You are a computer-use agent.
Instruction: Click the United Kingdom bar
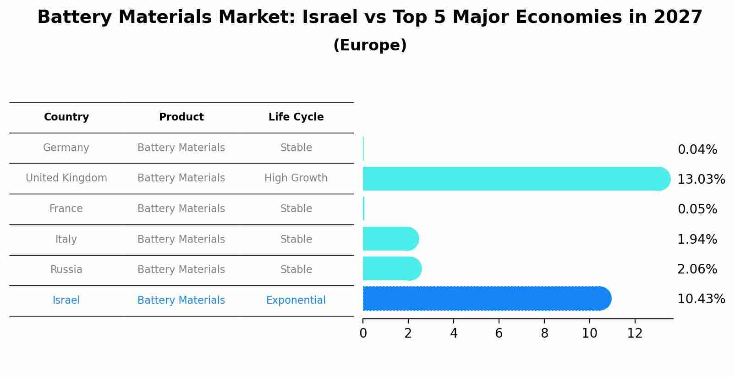(x=513, y=179)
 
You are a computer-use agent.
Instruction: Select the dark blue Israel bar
(x=486, y=299)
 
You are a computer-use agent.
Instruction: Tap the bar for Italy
(x=390, y=239)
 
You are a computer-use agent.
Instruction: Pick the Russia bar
(x=391, y=268)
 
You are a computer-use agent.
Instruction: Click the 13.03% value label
(x=701, y=179)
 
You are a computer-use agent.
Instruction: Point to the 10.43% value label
(x=701, y=299)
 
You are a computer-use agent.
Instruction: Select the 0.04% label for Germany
(x=697, y=150)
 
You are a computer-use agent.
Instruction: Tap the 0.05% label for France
(x=697, y=209)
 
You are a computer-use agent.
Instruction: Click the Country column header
(x=66, y=117)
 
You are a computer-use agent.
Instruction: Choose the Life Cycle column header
(x=296, y=117)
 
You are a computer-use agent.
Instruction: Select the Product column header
(x=181, y=117)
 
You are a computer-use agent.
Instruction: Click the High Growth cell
(x=296, y=178)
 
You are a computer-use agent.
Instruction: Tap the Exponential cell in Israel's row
(x=296, y=301)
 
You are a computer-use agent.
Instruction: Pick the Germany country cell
(x=66, y=148)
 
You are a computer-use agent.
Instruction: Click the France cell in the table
(x=66, y=209)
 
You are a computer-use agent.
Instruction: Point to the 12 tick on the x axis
(x=635, y=333)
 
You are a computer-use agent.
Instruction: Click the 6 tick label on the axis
(x=499, y=333)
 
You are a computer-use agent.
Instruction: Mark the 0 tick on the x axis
(x=363, y=333)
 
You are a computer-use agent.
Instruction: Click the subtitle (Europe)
(x=370, y=45)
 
